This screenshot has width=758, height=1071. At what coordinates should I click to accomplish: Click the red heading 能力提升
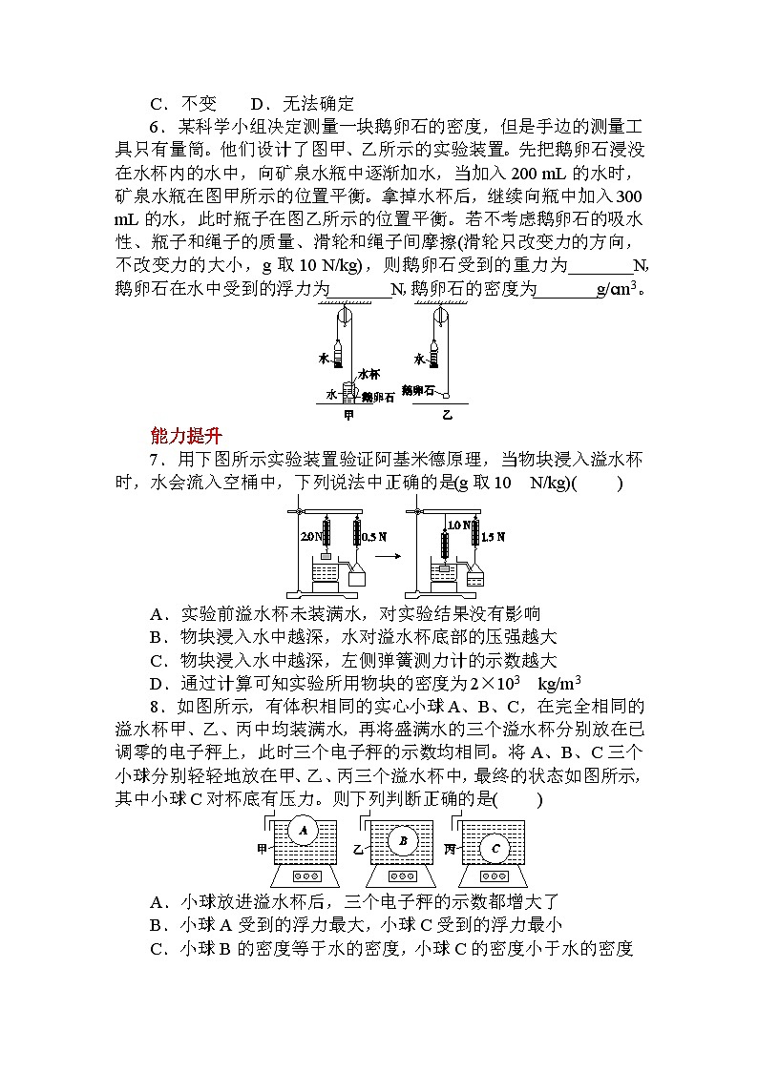tap(186, 436)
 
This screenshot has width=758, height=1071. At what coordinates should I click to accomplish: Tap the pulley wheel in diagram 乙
tap(441, 318)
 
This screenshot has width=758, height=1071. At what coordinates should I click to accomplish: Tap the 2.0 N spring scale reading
tap(309, 537)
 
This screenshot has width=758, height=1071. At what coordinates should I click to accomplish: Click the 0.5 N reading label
tap(375, 536)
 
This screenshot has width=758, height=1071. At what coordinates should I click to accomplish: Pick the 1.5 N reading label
tap(493, 536)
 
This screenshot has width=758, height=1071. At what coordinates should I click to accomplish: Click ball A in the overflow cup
tap(304, 832)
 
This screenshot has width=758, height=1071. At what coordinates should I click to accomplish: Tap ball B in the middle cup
tap(403, 840)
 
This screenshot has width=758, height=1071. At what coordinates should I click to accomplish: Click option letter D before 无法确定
tap(257, 104)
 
